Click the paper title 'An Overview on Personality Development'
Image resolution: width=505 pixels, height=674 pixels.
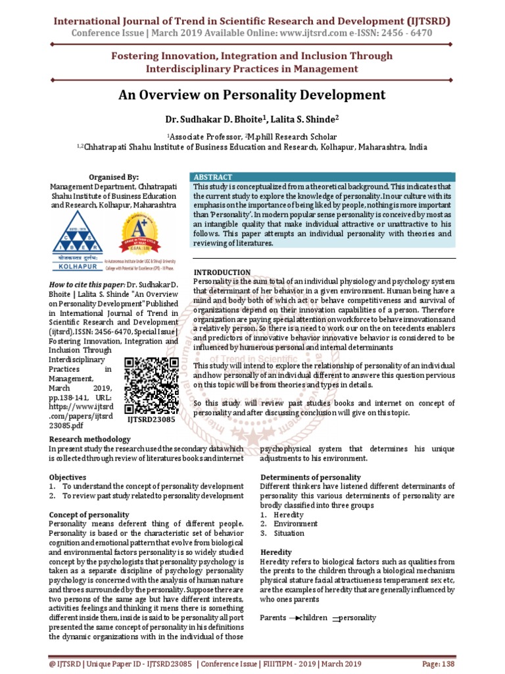tap(252, 95)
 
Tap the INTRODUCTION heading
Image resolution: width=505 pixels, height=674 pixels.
tap(222, 272)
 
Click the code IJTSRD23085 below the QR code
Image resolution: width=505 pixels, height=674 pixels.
tap(151, 418)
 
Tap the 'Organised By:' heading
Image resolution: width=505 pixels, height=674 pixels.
tap(114, 177)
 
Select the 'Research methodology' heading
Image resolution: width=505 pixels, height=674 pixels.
tap(90, 439)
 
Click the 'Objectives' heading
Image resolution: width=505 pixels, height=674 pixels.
tap(68, 477)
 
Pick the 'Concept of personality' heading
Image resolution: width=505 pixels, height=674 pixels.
tap(89, 514)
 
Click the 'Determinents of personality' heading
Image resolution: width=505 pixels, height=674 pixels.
tap(307, 477)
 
